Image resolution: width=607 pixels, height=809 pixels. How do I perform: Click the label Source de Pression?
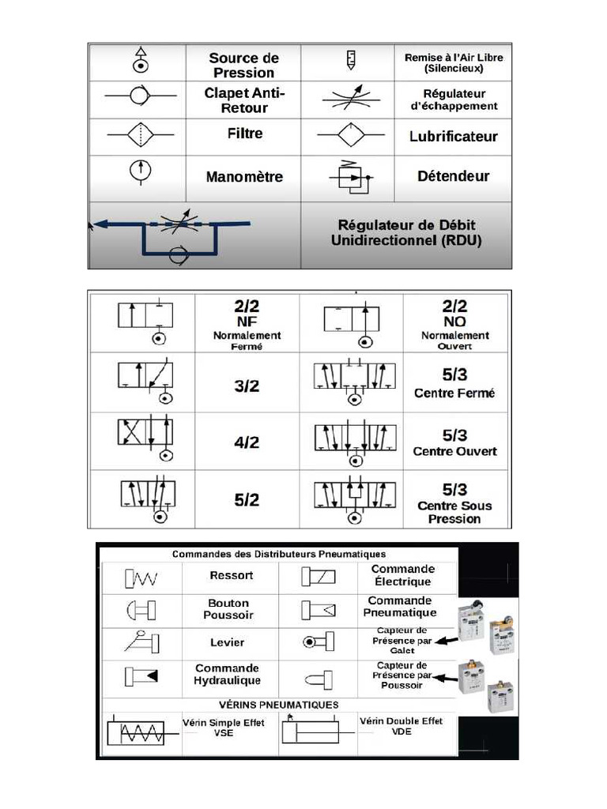pos(244,65)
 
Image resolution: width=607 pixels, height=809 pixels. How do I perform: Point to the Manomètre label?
pos(244,177)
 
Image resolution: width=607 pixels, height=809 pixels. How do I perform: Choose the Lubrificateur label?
pos(453,137)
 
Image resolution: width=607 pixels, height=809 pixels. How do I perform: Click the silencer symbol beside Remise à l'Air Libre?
pos(351,58)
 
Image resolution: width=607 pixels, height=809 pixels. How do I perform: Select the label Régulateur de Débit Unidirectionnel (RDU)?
pos(406,233)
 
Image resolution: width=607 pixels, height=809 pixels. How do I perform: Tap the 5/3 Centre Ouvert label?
pos(454,442)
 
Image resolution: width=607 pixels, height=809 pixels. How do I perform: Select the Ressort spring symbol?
pos(141,579)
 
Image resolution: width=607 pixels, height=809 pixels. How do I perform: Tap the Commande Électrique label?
pos(403,574)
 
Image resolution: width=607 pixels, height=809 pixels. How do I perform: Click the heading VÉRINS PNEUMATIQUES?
pos(278,704)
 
